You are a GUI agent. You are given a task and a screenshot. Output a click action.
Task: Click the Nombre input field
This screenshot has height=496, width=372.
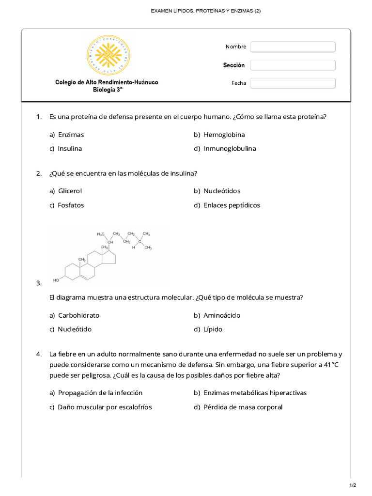pos(293,46)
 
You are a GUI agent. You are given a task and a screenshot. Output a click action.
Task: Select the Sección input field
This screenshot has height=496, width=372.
pos(293,65)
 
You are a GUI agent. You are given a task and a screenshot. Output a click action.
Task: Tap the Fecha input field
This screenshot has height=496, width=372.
pos(293,83)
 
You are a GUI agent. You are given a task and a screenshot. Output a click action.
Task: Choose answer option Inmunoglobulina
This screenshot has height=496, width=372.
pos(230,149)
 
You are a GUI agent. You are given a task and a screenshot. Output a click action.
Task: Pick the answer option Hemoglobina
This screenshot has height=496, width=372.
pos(224,135)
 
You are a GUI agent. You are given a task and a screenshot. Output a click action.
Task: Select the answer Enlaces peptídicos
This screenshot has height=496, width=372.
pos(232,205)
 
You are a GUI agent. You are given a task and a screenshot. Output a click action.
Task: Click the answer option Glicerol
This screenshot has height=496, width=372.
pos(70,191)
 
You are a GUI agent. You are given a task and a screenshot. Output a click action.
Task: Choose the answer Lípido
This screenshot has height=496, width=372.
pos(213,329)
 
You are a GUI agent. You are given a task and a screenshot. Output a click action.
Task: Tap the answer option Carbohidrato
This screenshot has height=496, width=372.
pos(78,315)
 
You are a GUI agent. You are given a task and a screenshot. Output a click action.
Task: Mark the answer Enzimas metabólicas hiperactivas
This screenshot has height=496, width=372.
pos(255,393)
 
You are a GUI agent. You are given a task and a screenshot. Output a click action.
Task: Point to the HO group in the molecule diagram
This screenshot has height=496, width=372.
pos(56,280)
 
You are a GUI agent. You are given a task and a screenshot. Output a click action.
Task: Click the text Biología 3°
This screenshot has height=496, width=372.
pos(107,90)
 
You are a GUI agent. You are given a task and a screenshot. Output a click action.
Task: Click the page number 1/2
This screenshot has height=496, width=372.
pos(353,485)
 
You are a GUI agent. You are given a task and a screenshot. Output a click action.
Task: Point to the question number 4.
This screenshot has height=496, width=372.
pos(39,354)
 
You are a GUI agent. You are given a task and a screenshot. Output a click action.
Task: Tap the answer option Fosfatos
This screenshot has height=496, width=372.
pos(71,205)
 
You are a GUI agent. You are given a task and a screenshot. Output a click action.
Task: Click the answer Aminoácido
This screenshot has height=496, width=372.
pos(222,315)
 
